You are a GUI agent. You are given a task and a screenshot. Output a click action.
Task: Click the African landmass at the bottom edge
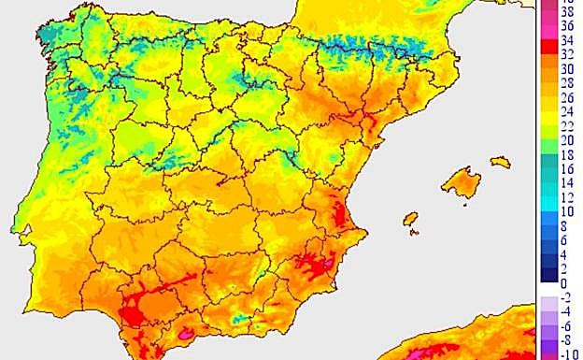[467, 341]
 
